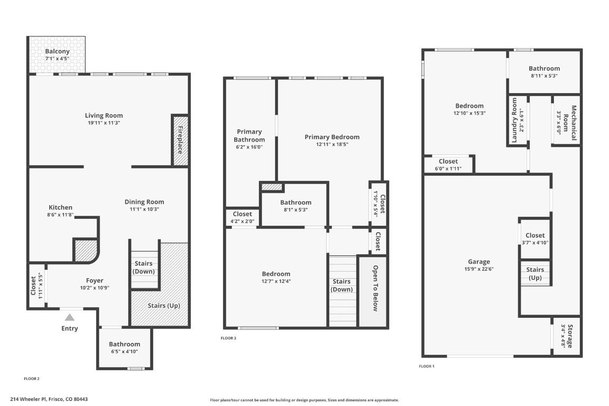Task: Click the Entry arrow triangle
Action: (x=69, y=317)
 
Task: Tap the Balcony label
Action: (x=57, y=51)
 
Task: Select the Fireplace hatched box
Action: (x=180, y=140)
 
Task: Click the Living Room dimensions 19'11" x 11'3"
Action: (x=104, y=123)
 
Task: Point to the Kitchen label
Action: (x=60, y=207)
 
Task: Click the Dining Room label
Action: (x=144, y=201)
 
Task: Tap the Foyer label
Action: (x=95, y=281)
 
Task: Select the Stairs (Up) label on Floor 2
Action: (x=163, y=306)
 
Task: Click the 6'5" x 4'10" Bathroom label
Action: (x=125, y=344)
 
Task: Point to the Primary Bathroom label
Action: (x=250, y=136)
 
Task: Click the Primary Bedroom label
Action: (x=332, y=137)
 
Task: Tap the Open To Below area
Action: (x=375, y=288)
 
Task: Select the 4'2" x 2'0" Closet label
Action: (x=243, y=214)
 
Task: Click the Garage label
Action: (x=479, y=262)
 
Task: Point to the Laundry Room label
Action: (x=514, y=120)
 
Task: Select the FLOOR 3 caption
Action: (x=228, y=338)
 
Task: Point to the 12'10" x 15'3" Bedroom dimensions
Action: (x=469, y=113)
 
